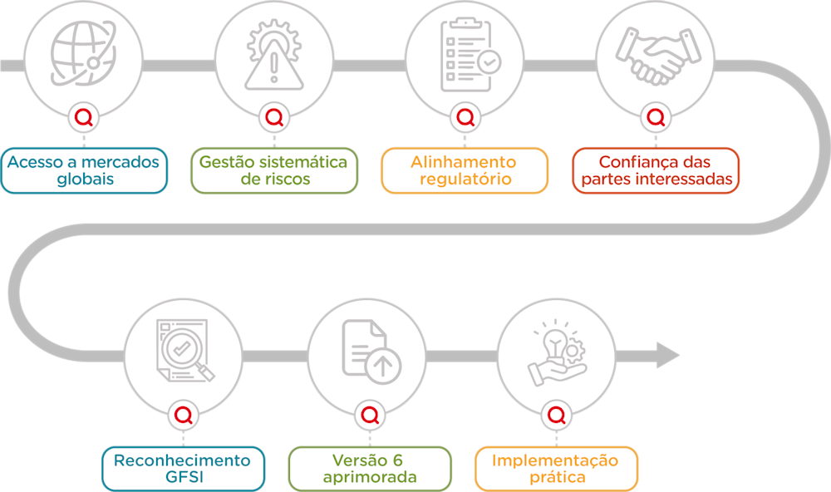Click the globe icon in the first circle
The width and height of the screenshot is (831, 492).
(83, 53)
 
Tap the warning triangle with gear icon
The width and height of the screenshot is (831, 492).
(274, 54)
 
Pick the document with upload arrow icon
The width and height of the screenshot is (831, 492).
(371, 352)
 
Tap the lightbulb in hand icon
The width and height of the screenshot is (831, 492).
(557, 352)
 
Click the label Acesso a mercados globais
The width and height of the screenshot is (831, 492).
(84, 170)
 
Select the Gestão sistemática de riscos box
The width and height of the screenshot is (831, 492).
(274, 170)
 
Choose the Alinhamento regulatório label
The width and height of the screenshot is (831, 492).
(465, 170)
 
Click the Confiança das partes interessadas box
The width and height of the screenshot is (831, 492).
(656, 170)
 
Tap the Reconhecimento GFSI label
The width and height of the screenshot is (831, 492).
(183, 469)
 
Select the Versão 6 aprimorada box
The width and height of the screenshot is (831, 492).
(370, 469)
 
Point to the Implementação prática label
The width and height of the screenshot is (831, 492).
(557, 469)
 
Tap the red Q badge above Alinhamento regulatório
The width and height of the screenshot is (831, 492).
(465, 117)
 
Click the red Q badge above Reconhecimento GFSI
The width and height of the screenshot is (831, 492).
(184, 416)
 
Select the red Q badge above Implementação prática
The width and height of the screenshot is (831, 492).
(557, 416)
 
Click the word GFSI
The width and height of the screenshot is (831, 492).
(184, 477)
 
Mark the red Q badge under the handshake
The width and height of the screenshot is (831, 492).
(656, 117)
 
